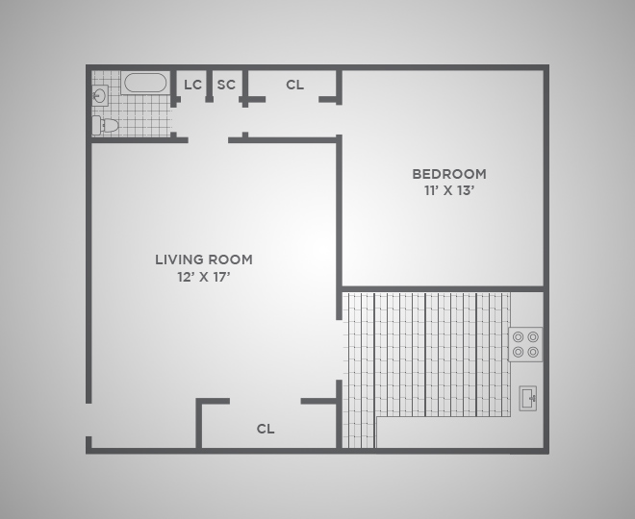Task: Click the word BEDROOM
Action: [x=448, y=174]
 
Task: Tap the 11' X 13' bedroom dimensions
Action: [x=448, y=191]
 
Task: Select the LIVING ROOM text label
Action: [x=204, y=259]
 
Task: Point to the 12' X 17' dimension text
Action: [x=204, y=277]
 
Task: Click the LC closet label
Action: [x=192, y=85]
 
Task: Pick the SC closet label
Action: [x=226, y=85]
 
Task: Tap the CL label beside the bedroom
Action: [x=294, y=85]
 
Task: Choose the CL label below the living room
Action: [x=266, y=429]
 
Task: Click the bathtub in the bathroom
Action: [x=145, y=83]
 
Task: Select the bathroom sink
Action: [x=100, y=95]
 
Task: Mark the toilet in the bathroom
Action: [x=106, y=125]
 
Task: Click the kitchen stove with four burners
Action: [x=525, y=344]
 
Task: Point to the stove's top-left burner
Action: [x=519, y=337]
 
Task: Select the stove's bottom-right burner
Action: [x=533, y=352]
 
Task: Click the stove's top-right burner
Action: [x=533, y=337]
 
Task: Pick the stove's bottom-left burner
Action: [x=519, y=352]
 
